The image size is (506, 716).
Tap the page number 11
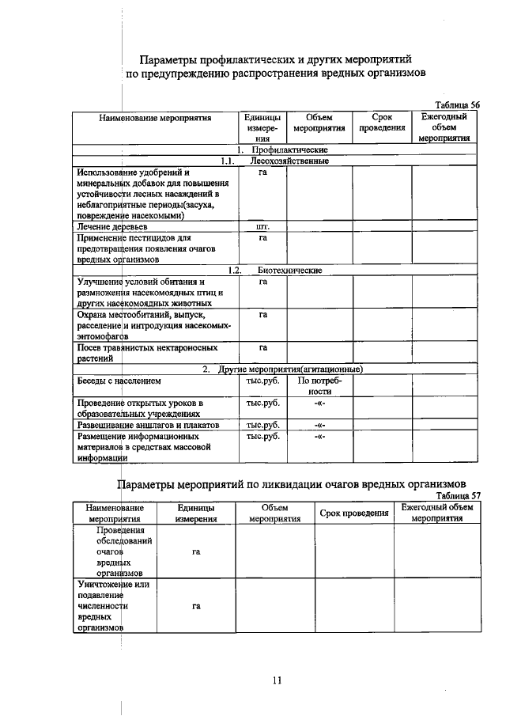(277, 679)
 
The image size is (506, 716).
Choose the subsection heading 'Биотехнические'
(289, 270)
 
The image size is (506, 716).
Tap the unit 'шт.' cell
(262, 226)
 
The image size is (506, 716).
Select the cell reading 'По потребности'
(319, 385)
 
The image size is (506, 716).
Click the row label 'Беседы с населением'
(118, 380)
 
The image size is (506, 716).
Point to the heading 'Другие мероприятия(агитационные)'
(293, 369)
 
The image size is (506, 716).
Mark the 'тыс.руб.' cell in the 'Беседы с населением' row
(262, 380)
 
